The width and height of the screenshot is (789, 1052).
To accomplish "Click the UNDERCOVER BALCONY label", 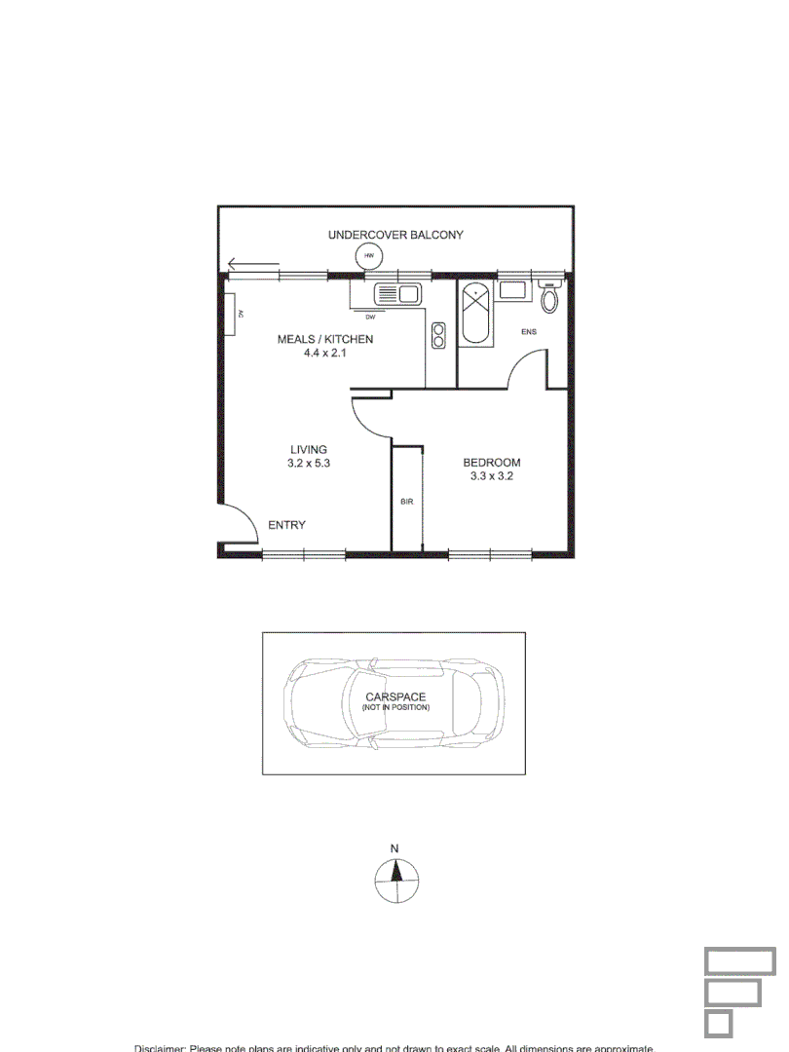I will [395, 235].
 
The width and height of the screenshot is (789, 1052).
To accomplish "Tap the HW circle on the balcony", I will [368, 257].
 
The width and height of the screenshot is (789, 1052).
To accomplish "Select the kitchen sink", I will [396, 292].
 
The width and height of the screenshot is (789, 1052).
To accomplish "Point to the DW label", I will [370, 317].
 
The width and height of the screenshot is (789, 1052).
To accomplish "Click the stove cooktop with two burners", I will [438, 335].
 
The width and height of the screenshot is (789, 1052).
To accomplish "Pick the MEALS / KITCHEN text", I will [325, 339].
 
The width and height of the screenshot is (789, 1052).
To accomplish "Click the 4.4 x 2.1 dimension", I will [325, 354].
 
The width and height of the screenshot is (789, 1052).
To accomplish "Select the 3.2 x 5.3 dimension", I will [310, 464].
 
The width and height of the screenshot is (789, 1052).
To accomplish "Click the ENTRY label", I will [286, 525].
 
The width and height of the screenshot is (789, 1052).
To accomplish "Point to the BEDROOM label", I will [491, 463].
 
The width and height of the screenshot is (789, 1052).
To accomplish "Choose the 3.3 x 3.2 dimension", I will [491, 477].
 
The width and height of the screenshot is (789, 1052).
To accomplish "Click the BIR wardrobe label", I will [407, 502].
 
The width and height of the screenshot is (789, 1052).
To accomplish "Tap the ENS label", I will [529, 332].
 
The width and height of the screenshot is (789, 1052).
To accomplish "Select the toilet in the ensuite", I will [550, 298].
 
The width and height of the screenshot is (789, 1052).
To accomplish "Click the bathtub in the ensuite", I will [476, 314].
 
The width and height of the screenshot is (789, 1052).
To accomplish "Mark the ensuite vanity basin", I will [511, 289].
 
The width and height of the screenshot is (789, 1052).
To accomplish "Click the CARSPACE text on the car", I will [395, 696].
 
